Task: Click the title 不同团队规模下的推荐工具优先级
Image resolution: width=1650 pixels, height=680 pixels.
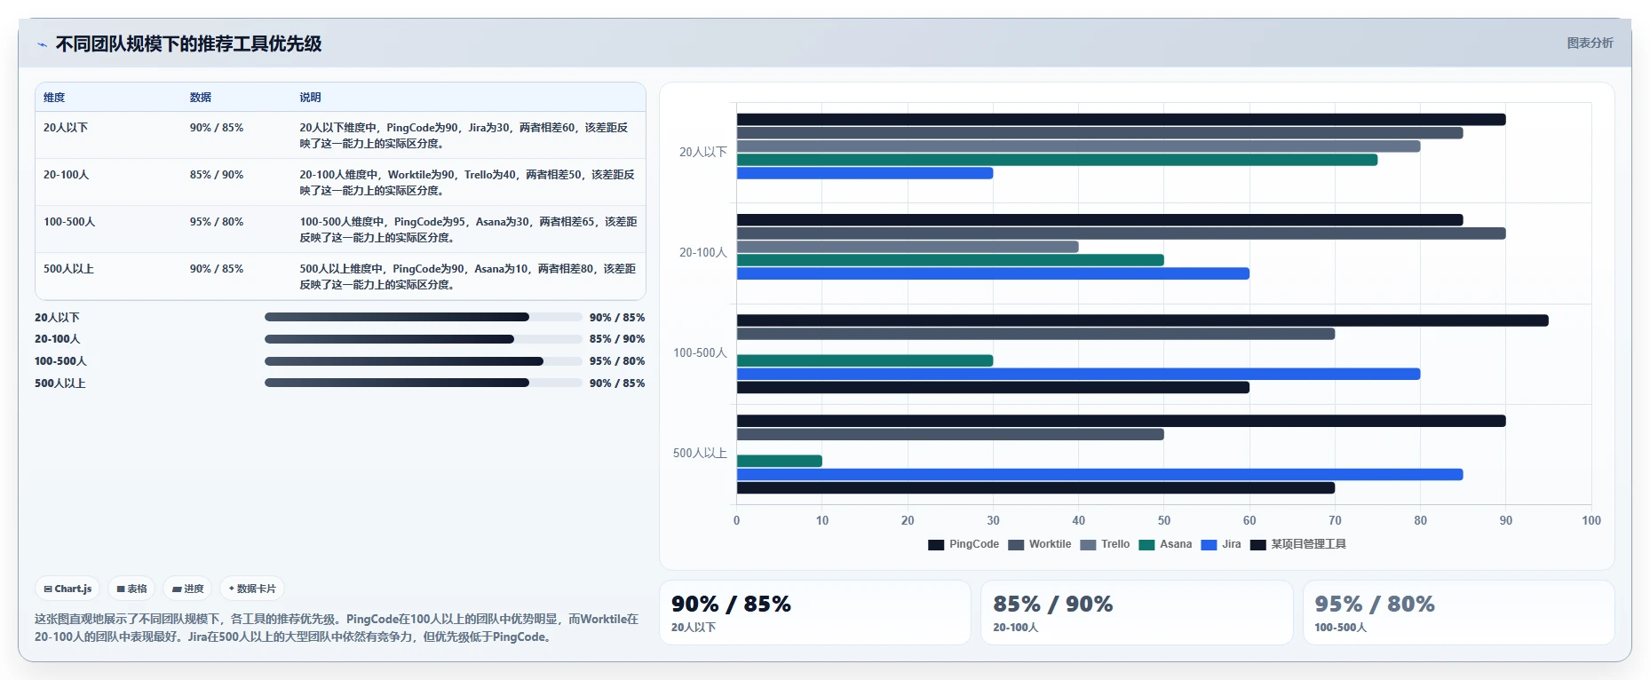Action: coord(188,43)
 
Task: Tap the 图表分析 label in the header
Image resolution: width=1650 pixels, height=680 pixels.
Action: coord(1590,43)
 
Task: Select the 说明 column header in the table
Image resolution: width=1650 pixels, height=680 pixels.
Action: coord(310,98)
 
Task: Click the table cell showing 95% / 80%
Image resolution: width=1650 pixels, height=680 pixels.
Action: coord(217,222)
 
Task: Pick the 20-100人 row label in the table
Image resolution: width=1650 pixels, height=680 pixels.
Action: coord(67,175)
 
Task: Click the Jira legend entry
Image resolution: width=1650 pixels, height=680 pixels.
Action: coord(1221,544)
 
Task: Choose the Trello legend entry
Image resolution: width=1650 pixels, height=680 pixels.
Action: coord(1105,544)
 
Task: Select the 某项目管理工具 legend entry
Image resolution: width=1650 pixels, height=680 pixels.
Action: coord(1298,544)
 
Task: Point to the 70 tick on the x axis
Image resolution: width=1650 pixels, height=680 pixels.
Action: coord(1335,520)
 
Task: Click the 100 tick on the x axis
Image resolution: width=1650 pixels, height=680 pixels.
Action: coord(1591,520)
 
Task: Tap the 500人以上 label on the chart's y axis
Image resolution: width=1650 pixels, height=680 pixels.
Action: coord(700,453)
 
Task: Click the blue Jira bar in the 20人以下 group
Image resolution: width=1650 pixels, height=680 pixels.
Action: coord(865,173)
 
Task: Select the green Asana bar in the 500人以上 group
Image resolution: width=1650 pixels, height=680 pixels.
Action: coord(780,461)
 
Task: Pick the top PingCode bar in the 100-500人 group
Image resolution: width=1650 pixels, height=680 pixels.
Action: coord(1143,320)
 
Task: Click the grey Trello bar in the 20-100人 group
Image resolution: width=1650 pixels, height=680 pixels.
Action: coord(908,247)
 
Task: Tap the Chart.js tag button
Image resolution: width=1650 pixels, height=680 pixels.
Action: coord(67,589)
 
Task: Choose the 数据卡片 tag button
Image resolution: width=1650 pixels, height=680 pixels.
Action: coord(252,589)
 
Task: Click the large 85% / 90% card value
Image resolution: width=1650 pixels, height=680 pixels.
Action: coord(1052,604)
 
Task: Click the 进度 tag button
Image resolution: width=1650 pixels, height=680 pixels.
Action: coord(187,589)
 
